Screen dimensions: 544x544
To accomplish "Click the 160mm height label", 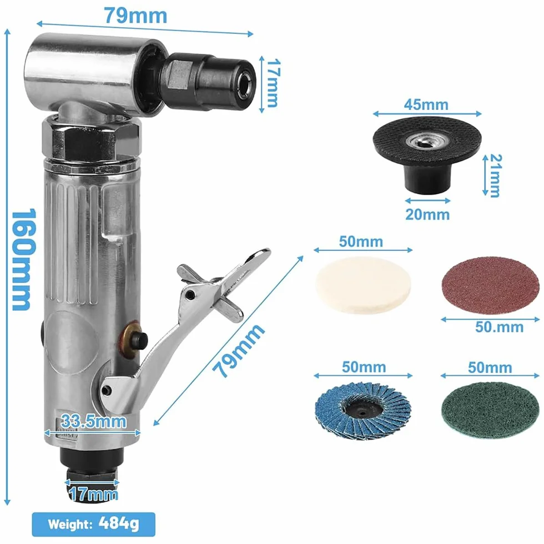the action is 23,259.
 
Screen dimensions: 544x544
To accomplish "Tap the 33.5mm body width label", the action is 93,421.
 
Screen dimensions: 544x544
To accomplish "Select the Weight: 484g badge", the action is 93,524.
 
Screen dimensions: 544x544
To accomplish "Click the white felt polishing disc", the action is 363,285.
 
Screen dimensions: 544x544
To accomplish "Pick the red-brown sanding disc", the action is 490,285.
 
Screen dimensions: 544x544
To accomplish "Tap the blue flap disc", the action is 363,411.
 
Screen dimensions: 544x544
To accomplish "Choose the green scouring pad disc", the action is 490,410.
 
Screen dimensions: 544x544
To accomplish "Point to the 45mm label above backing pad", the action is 426,104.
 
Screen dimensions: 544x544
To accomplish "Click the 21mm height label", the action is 495,175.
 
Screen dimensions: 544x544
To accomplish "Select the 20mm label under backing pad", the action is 427,214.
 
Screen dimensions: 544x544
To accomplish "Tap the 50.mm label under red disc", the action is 499,327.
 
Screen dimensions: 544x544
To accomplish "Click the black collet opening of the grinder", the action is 245,84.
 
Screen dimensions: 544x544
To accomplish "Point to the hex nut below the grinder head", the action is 91,138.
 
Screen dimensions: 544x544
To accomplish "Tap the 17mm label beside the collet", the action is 273,83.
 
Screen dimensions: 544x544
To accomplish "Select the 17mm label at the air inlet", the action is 93,493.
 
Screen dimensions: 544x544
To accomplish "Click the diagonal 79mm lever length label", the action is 238,350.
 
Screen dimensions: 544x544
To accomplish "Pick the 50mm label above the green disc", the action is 490,367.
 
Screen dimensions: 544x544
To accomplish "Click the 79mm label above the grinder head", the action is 135,16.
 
